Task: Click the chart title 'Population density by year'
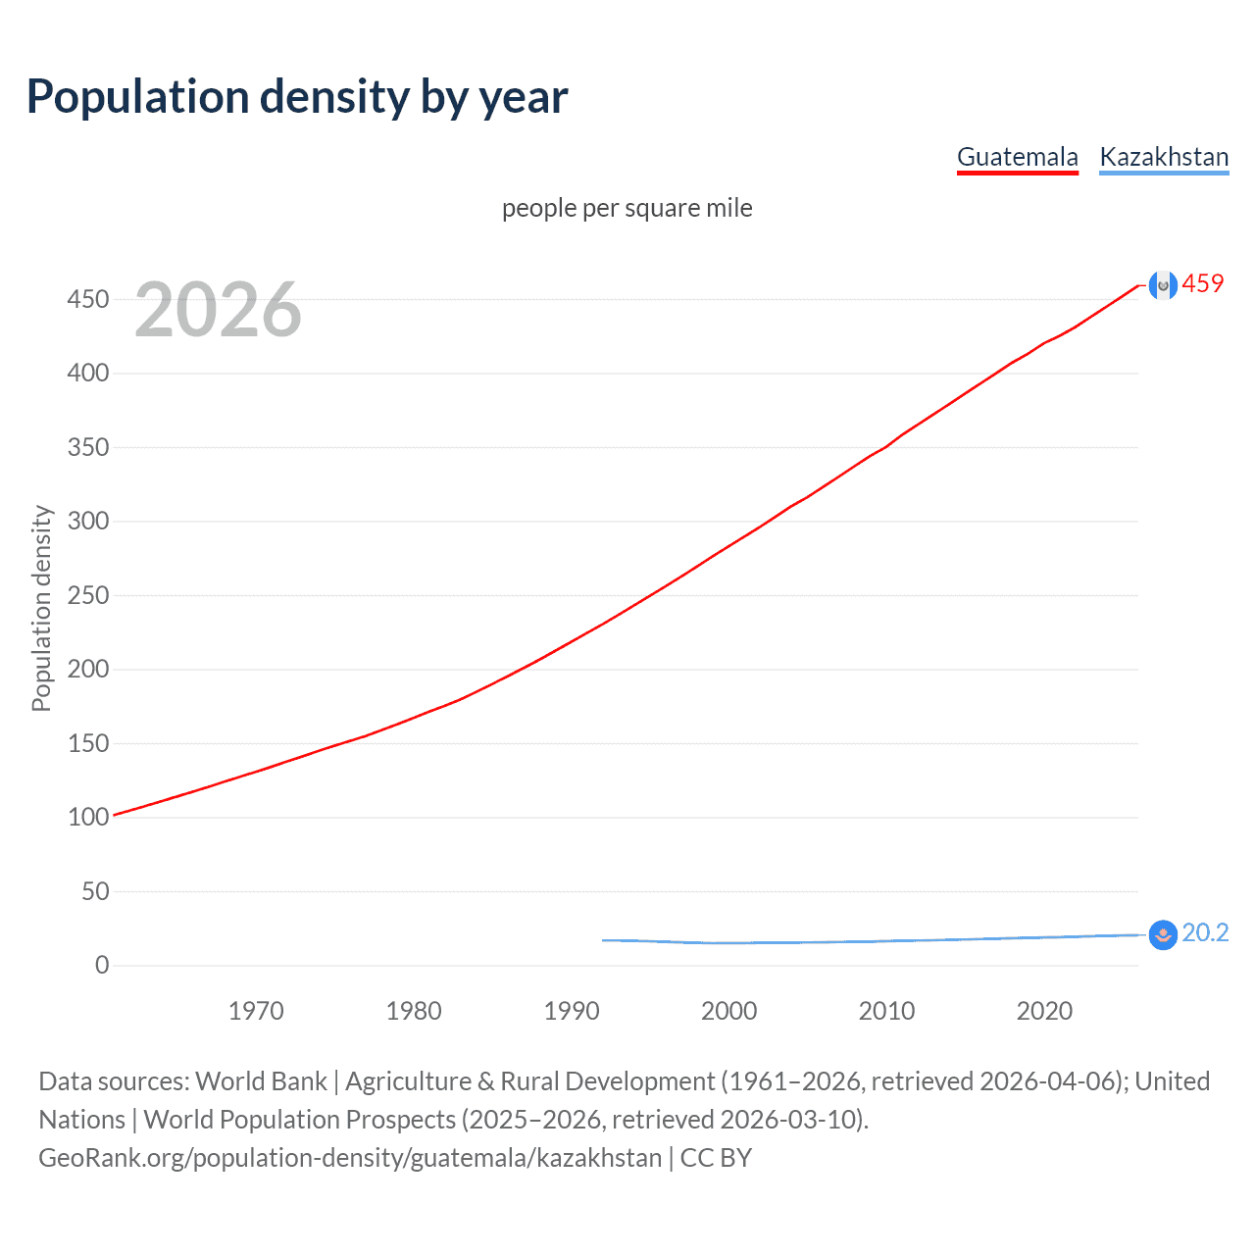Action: coord(297,97)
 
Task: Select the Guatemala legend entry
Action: coord(1017,157)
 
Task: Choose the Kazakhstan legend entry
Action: coord(1164,157)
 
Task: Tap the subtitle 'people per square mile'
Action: coord(627,208)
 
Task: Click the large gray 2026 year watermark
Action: coord(218,310)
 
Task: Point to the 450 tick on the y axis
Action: coord(88,299)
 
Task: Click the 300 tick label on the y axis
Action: coord(88,521)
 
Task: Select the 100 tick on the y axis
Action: coord(88,817)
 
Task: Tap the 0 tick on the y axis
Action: coord(102,965)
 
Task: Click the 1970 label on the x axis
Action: coord(256,1011)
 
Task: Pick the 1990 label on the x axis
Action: coord(572,1011)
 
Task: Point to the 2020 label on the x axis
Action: coord(1044,1011)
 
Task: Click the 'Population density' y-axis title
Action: coord(41,608)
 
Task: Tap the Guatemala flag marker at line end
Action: coord(1163,285)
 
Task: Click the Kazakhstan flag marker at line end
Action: coord(1163,935)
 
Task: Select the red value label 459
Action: coord(1203,284)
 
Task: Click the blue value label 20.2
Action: coord(1205,933)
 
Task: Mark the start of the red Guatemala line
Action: coord(115,815)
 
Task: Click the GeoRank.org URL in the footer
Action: coord(350,1158)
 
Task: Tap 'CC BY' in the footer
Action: coord(716,1158)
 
